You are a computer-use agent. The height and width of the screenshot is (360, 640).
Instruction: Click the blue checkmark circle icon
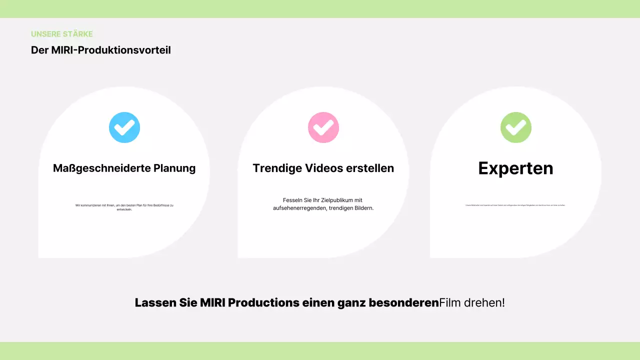[124, 127]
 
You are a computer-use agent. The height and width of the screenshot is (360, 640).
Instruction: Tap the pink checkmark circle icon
[323, 127]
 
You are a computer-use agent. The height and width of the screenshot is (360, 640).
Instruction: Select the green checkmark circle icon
[516, 127]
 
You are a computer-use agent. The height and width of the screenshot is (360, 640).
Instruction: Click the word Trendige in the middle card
[275, 168]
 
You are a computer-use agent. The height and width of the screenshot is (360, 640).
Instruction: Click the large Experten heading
[515, 168]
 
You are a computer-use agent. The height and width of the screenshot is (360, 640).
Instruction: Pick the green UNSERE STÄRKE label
[62, 34]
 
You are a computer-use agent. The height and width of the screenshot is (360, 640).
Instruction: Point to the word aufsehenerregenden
[299, 208]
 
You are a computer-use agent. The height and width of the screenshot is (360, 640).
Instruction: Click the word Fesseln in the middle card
[292, 200]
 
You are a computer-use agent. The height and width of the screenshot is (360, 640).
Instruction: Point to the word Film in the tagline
[450, 303]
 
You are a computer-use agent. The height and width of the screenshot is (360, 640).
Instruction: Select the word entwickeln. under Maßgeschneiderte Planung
[124, 209]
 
